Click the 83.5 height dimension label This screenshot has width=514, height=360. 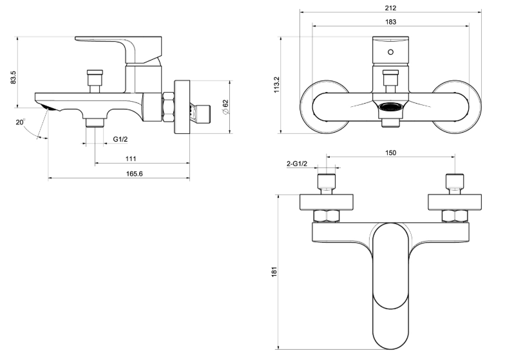click(x=13, y=77)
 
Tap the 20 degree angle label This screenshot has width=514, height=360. click(x=21, y=122)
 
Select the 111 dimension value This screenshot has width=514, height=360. click(x=131, y=158)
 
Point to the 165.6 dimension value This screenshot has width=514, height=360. click(x=135, y=174)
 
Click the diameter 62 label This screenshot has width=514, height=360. click(x=225, y=107)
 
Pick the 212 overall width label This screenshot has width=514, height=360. click(x=390, y=8)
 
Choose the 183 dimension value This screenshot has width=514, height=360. click(x=390, y=22)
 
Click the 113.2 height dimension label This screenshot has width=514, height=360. click(x=277, y=85)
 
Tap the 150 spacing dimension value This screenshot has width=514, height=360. click(x=390, y=153)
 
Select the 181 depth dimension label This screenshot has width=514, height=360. click(x=274, y=272)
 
